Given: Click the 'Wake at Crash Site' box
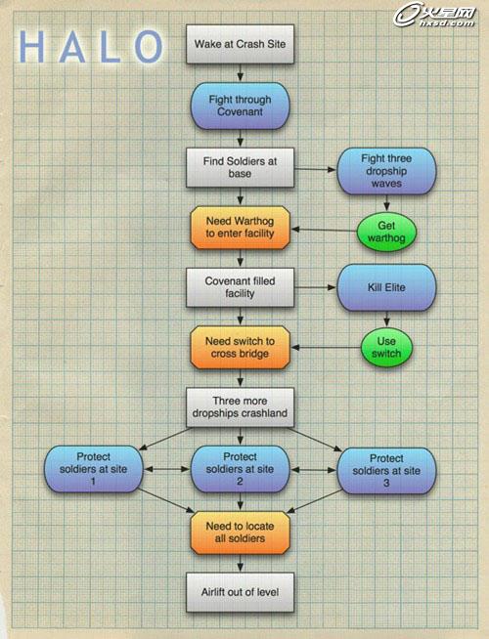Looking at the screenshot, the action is tap(240, 44).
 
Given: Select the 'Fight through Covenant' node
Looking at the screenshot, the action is tap(240, 106).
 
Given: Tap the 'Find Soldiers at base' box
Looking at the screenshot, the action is tap(240, 167).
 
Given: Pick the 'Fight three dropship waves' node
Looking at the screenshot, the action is tap(386, 171).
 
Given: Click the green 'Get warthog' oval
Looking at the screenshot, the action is tap(386, 232).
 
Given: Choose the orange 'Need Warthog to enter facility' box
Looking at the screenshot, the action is tap(240, 228).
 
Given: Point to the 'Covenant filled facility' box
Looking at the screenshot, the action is tap(240, 287).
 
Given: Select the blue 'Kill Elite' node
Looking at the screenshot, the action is tap(386, 287).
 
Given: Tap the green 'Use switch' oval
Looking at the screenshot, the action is tap(386, 348).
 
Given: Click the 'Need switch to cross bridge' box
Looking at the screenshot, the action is tap(240, 347).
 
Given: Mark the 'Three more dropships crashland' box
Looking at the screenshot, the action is tap(240, 407).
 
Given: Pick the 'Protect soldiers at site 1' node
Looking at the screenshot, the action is tap(93, 469).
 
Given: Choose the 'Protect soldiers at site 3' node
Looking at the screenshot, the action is tap(386, 471).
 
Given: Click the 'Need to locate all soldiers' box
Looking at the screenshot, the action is tap(240, 532).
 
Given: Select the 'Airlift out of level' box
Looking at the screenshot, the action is tap(240, 592).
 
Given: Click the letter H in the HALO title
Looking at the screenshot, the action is tap(31, 47).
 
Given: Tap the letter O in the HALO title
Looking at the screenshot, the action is tap(149, 47).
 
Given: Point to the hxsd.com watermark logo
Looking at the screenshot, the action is tap(434, 16).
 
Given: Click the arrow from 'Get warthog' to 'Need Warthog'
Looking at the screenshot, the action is tap(324, 231).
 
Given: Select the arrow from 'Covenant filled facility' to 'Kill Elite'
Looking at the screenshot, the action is tap(315, 287).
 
